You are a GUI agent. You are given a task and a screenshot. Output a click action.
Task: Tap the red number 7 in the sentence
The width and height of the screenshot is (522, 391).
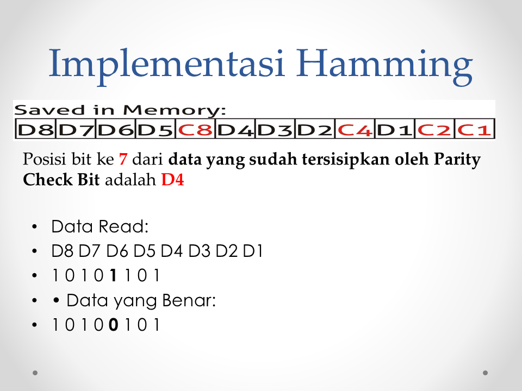pyautogui.click(x=123, y=160)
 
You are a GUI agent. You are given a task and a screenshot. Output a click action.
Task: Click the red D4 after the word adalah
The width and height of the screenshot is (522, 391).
pyautogui.click(x=172, y=180)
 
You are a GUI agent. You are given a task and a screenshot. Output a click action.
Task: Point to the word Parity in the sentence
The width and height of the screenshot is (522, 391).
pyautogui.click(x=458, y=160)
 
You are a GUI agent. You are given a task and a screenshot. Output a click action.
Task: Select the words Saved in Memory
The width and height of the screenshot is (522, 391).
pyautogui.click(x=120, y=111)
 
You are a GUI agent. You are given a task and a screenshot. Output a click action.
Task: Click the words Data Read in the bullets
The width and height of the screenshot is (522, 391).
pyautogui.click(x=98, y=227)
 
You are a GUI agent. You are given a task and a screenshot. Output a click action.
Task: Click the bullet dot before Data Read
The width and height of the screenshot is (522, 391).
pyautogui.click(x=35, y=227)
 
